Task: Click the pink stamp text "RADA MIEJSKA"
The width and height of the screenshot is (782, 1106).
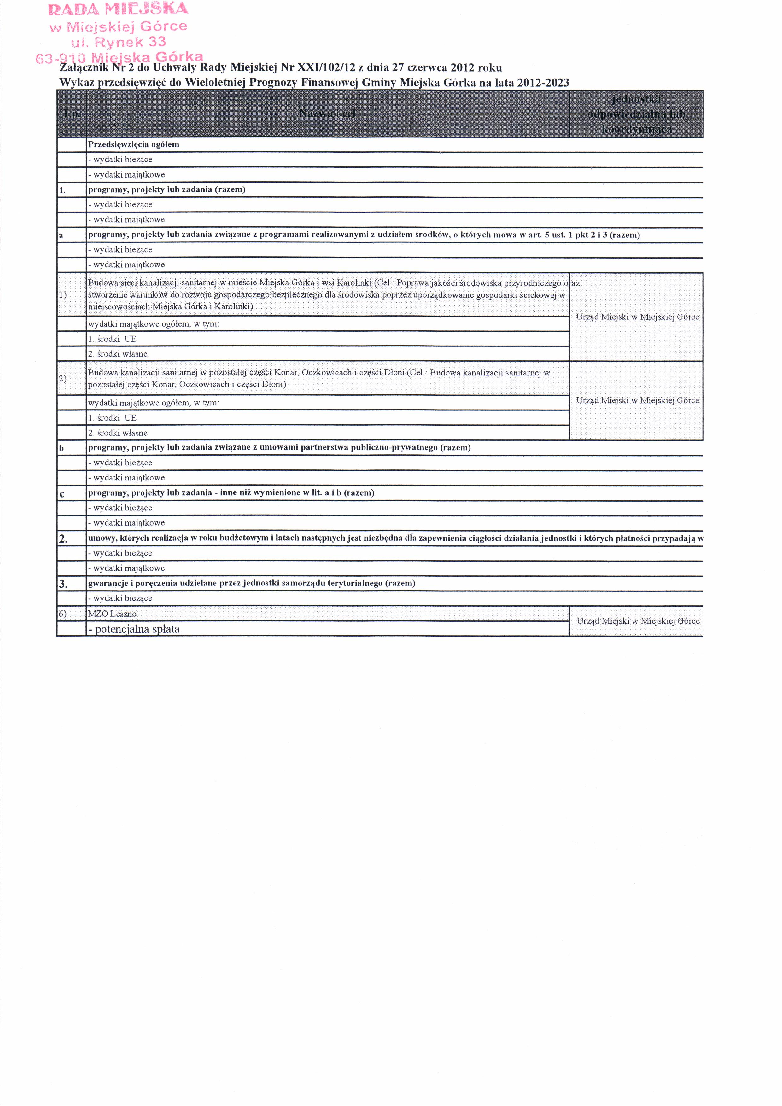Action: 118,9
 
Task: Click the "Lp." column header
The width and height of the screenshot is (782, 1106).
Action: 72,114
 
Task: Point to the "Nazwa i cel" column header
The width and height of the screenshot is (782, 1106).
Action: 327,114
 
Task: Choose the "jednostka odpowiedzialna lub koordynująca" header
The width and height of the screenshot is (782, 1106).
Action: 636,114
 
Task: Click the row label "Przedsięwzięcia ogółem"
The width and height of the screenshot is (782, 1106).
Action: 133,144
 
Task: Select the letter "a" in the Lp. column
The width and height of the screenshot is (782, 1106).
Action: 61,235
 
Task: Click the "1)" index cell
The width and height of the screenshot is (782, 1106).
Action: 63,294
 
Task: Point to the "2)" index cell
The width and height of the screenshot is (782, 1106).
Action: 63,378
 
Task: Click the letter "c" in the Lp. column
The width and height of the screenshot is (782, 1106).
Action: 62,493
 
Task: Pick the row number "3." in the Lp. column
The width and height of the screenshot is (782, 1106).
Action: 63,584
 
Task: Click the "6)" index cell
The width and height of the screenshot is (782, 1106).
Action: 63,614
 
